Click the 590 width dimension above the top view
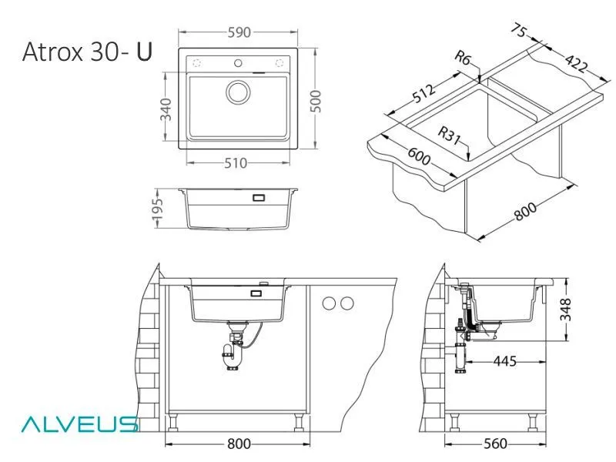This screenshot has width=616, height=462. pos(238,33)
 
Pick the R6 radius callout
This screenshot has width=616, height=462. pos(463,58)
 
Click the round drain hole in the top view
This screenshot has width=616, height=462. pos(238,92)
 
